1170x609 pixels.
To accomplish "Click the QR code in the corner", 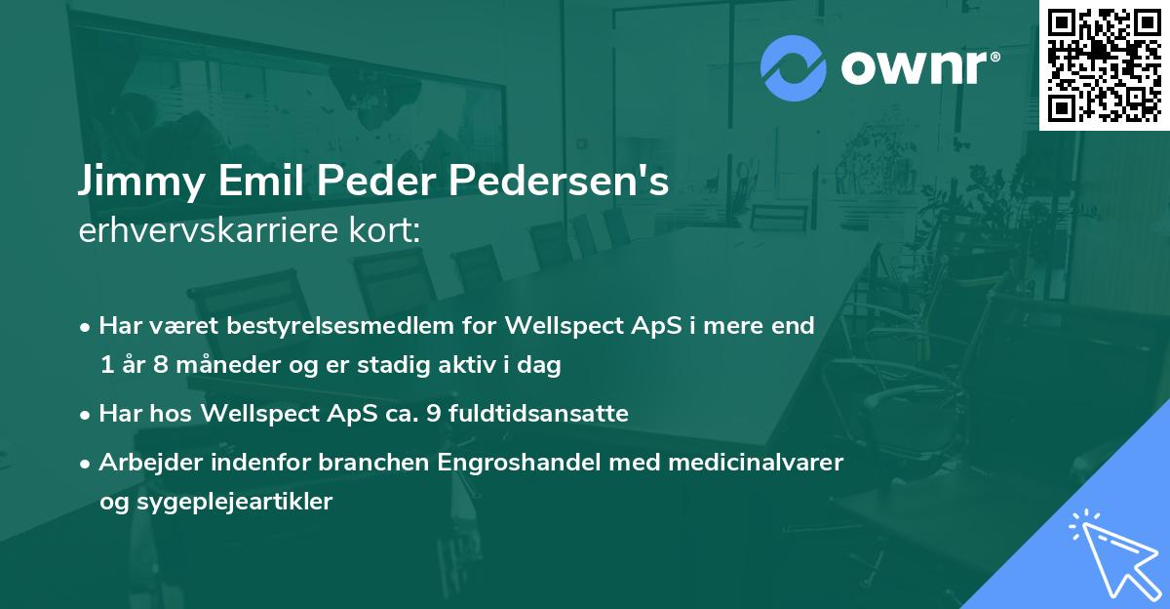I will pos(1104,64).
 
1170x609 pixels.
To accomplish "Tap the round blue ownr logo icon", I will pos(794,67).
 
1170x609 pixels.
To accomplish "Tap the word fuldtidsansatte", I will pos(551,414).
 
